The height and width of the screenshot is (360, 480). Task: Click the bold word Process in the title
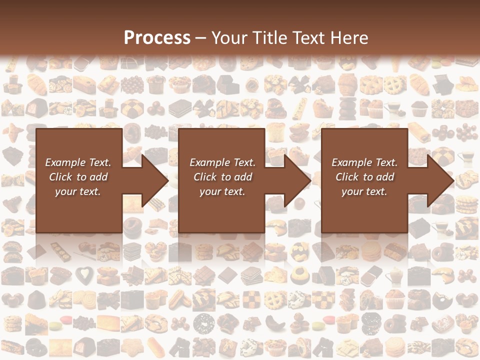157,37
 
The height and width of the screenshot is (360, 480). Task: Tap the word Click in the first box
61,177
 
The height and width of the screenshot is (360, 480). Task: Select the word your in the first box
65,191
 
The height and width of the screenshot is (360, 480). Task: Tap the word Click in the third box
347,177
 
